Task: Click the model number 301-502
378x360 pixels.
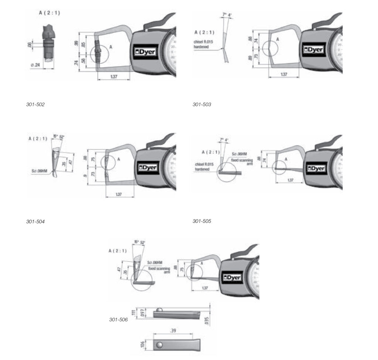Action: coord(35,105)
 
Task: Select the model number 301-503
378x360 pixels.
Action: coord(202,105)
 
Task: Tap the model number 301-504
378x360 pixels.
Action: coord(35,222)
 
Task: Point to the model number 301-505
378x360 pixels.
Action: coord(202,221)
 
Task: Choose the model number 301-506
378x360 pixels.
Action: coord(118,320)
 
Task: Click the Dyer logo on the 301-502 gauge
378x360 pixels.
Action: coord(145,52)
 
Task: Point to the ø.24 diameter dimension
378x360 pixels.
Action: coord(35,65)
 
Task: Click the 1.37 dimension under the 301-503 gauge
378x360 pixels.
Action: coord(283,74)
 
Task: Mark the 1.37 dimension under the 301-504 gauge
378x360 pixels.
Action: coord(119,194)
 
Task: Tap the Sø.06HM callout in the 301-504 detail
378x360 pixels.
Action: coord(39,171)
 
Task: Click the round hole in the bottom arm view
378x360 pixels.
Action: coord(159,345)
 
